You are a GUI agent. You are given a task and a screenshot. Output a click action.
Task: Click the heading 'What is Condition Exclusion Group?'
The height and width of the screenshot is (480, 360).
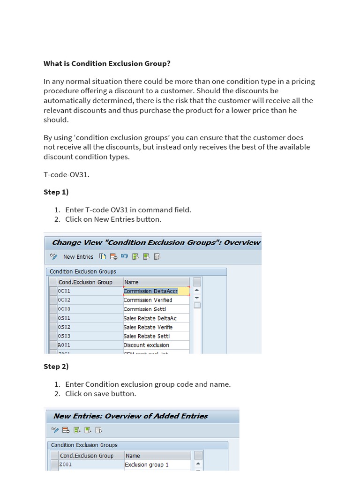pyautogui.click(x=107, y=63)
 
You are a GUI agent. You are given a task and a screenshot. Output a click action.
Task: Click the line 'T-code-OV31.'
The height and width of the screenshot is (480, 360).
pyautogui.click(x=66, y=174)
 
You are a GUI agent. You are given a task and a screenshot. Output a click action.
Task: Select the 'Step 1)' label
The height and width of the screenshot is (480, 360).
pyautogui.click(x=56, y=192)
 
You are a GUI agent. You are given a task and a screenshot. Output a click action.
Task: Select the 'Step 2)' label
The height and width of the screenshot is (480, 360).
pyautogui.click(x=56, y=366)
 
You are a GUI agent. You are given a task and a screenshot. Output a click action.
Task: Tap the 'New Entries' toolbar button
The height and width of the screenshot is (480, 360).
pyautogui.click(x=78, y=256)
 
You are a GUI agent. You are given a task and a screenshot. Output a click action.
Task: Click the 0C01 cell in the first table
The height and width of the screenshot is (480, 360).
pyautogui.click(x=89, y=291)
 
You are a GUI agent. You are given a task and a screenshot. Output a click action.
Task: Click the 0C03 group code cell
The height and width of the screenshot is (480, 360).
pyautogui.click(x=89, y=309)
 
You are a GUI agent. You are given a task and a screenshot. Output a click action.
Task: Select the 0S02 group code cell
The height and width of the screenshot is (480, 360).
pyautogui.click(x=89, y=327)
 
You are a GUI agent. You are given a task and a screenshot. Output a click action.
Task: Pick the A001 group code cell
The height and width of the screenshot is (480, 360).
pyautogui.click(x=89, y=345)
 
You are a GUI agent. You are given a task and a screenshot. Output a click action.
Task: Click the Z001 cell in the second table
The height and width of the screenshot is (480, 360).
pyautogui.click(x=90, y=465)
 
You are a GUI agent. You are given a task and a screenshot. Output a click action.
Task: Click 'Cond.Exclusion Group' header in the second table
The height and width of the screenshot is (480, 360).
pyautogui.click(x=87, y=456)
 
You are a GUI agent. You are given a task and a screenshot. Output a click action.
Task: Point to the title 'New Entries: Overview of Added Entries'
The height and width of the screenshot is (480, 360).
pyautogui.click(x=131, y=416)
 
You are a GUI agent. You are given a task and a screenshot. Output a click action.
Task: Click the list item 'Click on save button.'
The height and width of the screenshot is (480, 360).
pyautogui.click(x=100, y=393)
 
